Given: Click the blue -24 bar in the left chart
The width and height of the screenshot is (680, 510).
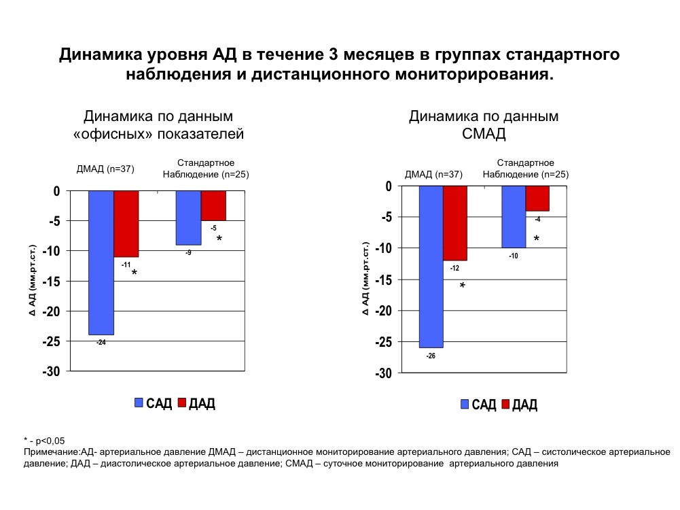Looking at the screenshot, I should (x=101, y=262).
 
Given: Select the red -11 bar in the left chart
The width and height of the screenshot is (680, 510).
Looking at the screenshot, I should (x=126, y=224).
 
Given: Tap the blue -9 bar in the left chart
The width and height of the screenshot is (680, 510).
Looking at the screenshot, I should (x=188, y=218).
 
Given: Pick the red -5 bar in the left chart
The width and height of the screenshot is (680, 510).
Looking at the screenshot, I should (x=213, y=205).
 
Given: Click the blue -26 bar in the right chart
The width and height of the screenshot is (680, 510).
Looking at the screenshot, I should (x=431, y=267).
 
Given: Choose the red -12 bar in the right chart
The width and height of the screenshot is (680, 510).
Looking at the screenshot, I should (x=455, y=223).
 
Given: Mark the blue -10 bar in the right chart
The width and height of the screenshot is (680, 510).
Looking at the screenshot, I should (x=514, y=217).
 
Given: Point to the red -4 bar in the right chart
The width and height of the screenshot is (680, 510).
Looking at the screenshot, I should (x=537, y=199).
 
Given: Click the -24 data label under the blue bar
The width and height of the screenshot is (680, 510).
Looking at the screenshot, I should (x=101, y=342).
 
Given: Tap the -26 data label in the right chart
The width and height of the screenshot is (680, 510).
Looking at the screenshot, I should (x=431, y=355).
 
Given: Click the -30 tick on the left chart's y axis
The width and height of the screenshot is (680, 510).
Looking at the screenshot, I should (x=52, y=371).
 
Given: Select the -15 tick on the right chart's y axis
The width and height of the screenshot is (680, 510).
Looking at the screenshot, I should (x=383, y=279).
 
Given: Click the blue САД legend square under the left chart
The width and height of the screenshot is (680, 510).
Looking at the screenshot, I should (x=139, y=403).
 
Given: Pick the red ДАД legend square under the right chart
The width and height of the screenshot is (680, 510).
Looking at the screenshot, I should (x=505, y=405).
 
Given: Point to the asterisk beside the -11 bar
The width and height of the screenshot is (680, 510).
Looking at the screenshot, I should (x=135, y=273).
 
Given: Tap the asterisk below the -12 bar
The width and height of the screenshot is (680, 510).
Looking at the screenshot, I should (x=463, y=287).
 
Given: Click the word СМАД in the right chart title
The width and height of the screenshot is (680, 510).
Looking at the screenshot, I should (x=484, y=134).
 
